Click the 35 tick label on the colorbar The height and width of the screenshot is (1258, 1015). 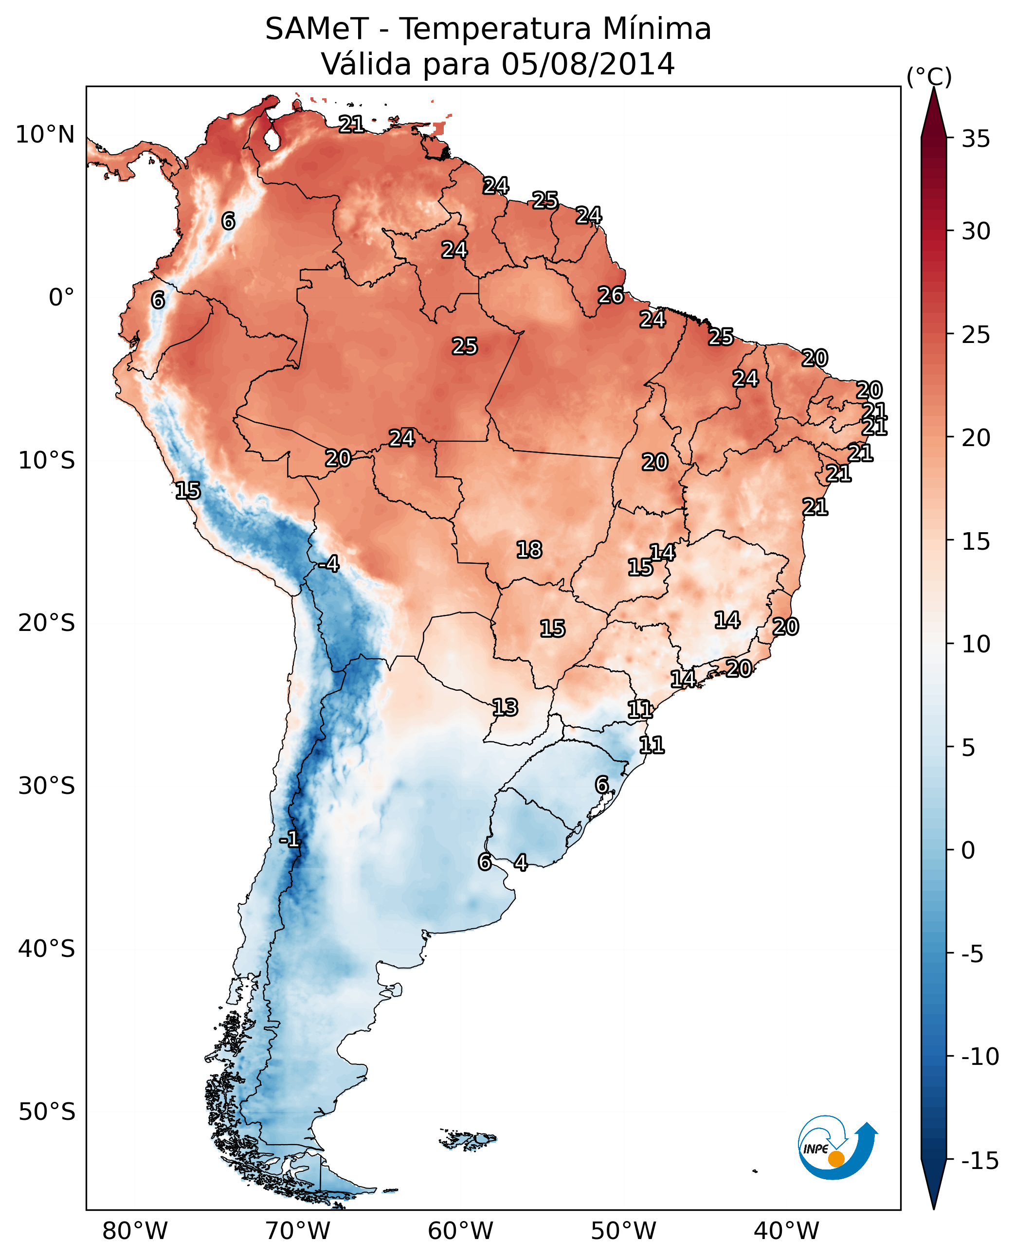coord(976,139)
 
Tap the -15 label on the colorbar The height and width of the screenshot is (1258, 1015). coord(980,1160)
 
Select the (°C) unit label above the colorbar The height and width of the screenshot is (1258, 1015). coord(929,76)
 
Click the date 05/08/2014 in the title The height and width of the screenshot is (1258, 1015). coord(588,64)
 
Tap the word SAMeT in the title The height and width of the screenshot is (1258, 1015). coord(317,29)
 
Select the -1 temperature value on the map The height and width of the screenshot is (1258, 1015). coord(290,840)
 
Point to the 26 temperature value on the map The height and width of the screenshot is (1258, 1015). coord(611,295)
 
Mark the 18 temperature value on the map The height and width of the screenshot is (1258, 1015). coord(529,550)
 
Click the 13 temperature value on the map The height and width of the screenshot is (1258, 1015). coord(505,707)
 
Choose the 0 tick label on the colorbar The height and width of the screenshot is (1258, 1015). coord(968,850)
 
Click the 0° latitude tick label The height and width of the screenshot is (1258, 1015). coord(61,298)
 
